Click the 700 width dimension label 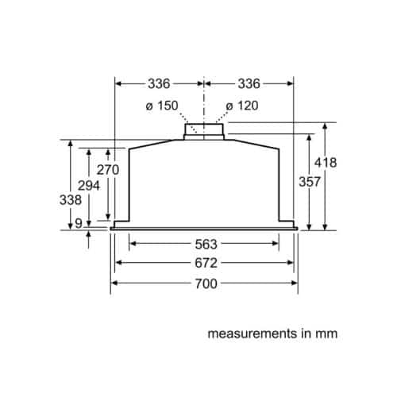click(206, 283)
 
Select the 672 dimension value click(206, 264)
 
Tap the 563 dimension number click(206, 245)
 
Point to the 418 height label click(326, 163)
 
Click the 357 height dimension click(310, 182)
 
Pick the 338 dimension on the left click(71, 200)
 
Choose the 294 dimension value click(89, 186)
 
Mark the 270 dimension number click(108, 170)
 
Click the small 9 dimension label click(79, 224)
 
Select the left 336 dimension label click(159, 84)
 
